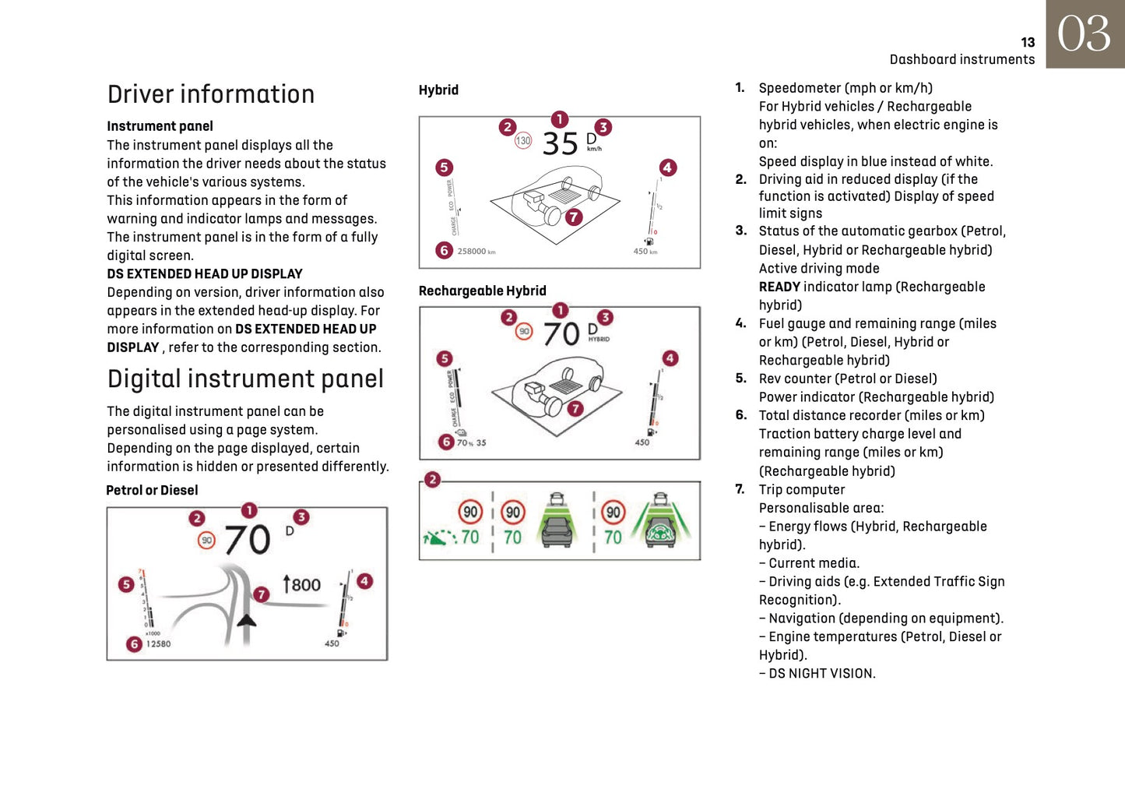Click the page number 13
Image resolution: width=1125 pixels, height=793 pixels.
(1028, 43)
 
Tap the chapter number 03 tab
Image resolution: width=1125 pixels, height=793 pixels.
(1085, 34)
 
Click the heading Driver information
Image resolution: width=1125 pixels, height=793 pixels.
(211, 94)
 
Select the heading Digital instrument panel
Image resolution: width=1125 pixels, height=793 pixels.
(245, 379)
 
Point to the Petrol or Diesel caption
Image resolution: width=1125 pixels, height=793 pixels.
(152, 490)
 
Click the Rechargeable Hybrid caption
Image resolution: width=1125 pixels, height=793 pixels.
(482, 291)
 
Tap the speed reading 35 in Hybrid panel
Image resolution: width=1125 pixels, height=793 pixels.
(560, 144)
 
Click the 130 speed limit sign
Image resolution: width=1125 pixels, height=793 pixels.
(523, 141)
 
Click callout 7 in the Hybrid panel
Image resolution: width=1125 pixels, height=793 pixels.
(574, 217)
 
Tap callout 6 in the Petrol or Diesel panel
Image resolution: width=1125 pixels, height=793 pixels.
(134, 644)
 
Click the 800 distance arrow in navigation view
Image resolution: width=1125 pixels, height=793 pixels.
(301, 584)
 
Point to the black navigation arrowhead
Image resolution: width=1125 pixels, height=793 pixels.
(247, 620)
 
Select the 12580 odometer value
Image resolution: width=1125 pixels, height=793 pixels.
(159, 644)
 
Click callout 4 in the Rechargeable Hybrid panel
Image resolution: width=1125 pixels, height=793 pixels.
(670, 358)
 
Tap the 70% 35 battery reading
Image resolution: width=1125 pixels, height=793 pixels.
(471, 442)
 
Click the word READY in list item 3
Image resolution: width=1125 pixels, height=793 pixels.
(779, 287)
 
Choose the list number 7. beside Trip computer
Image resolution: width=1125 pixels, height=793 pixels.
(740, 489)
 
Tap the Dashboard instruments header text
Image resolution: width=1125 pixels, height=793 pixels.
(962, 60)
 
